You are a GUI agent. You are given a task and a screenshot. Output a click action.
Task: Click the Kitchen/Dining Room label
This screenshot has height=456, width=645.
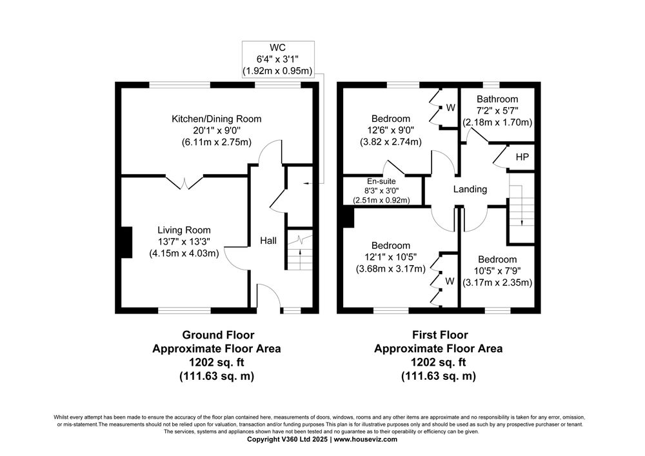(x=216, y=119)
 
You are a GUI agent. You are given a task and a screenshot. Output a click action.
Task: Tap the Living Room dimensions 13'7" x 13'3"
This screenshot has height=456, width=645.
(x=184, y=242)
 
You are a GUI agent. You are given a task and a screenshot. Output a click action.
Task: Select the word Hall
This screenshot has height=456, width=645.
(x=268, y=241)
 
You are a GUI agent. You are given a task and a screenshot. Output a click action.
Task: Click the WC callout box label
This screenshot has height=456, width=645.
(x=277, y=47)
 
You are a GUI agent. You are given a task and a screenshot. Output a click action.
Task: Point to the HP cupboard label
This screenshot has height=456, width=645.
(x=522, y=157)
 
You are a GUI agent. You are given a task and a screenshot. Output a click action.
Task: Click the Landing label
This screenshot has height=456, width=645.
(x=470, y=189)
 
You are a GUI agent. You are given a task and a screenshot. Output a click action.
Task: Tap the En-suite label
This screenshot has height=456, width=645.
(x=381, y=181)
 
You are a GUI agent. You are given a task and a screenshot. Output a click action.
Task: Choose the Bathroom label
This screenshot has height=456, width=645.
(x=497, y=99)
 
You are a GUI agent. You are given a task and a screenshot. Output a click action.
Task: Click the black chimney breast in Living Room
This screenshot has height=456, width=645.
(x=126, y=243)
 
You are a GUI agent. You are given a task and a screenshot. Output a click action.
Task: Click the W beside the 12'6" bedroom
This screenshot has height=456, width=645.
(x=451, y=108)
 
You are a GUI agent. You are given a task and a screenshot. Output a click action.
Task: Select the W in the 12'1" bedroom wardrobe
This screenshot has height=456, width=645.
(x=450, y=281)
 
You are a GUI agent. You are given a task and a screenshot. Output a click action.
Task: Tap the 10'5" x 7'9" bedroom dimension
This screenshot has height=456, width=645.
(x=497, y=272)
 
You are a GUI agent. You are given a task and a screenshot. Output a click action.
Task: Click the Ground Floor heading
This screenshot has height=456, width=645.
(x=218, y=335)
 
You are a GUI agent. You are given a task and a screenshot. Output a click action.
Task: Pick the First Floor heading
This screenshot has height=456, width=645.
(x=440, y=335)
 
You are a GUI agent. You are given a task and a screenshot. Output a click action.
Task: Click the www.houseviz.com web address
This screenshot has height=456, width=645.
(x=365, y=439)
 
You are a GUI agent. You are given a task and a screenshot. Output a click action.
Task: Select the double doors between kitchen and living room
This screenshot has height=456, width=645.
(x=184, y=183)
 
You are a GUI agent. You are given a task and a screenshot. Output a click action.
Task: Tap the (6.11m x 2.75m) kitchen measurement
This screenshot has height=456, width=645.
(x=216, y=143)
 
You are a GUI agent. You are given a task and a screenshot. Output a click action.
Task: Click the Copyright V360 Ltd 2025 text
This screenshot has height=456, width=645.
(x=288, y=439)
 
